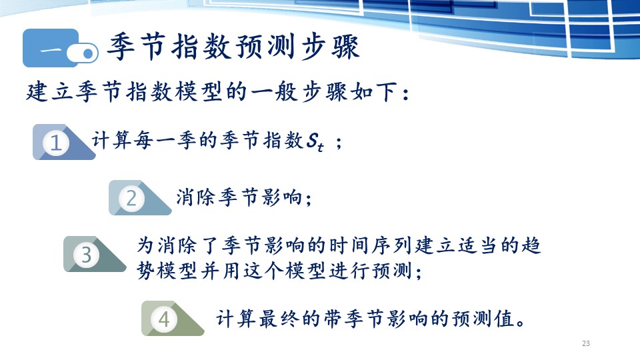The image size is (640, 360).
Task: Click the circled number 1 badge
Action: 56,143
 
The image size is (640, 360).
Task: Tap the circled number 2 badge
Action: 131,199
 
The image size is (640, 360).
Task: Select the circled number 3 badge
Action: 86,255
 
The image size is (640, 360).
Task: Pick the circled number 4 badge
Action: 164,319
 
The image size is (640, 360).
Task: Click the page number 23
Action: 586,343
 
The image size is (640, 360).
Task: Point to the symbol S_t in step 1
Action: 315,142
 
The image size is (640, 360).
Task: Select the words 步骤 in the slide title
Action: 331,47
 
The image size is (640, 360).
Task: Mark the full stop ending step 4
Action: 521,323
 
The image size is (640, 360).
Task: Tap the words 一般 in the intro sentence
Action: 274,91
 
